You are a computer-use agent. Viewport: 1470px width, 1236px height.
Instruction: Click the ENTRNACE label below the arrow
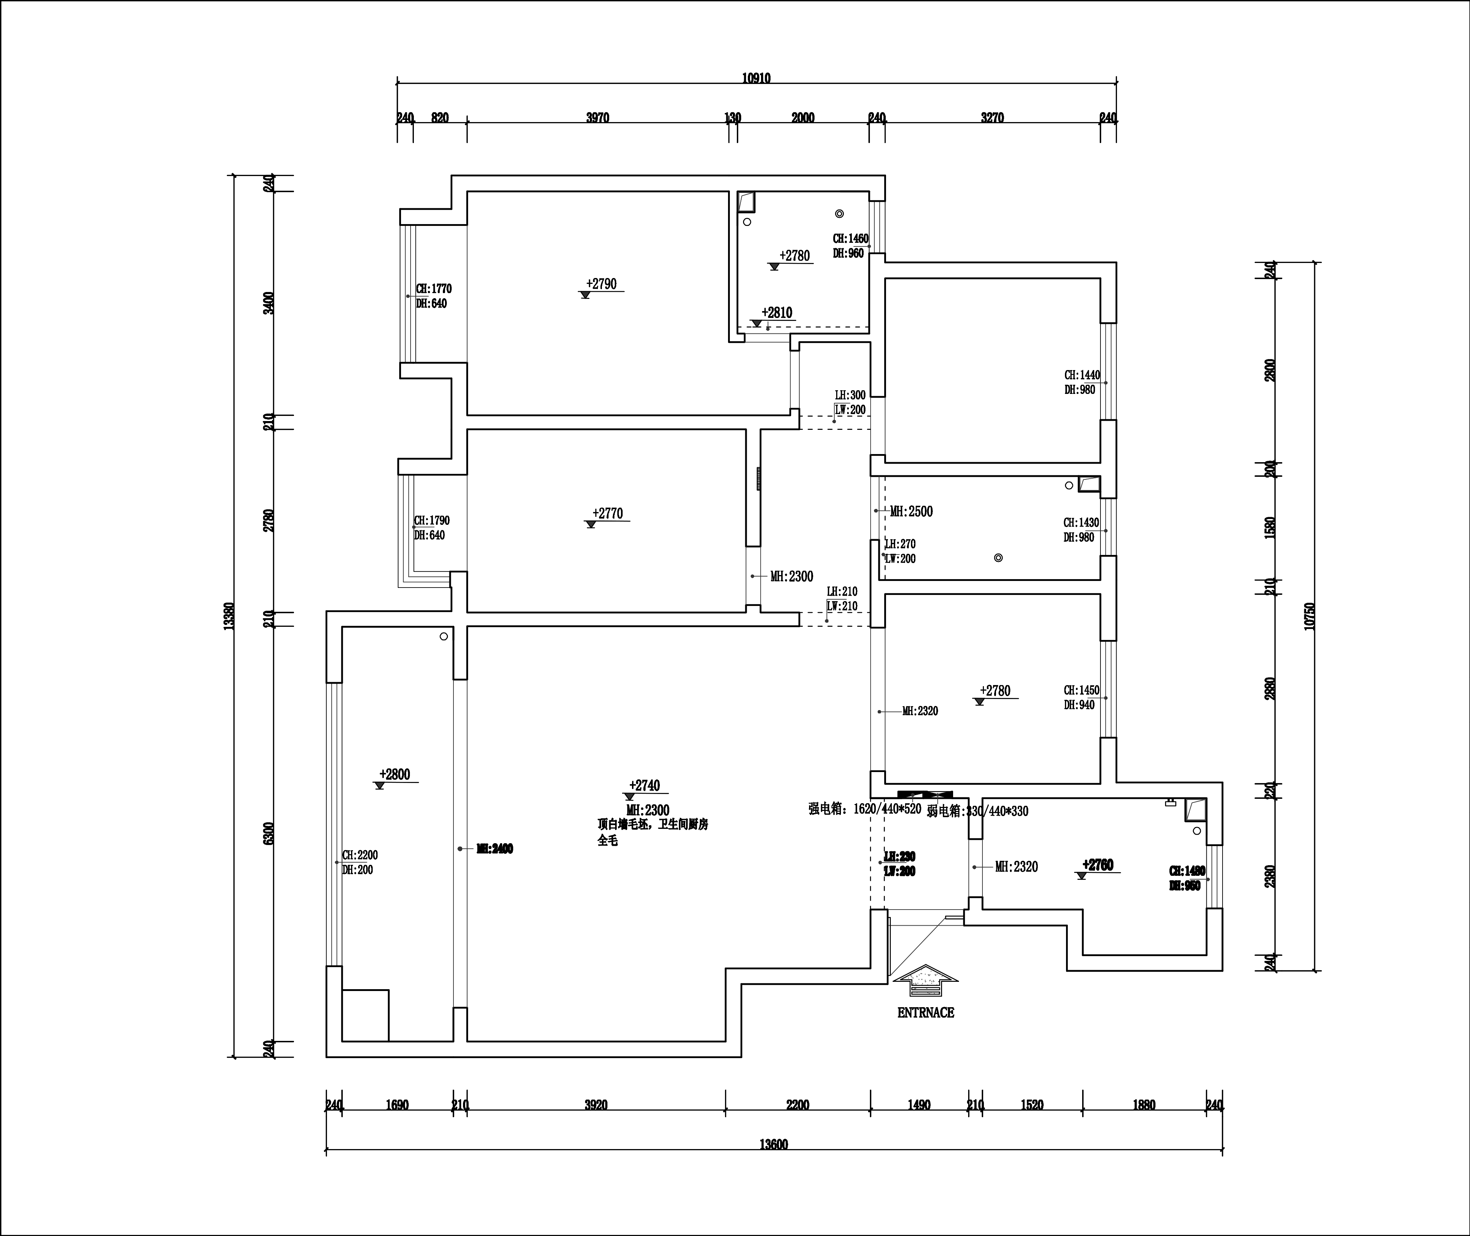(925, 1013)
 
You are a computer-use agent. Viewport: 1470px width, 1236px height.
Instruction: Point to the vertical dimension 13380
(228, 617)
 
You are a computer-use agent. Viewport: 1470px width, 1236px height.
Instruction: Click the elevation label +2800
(395, 774)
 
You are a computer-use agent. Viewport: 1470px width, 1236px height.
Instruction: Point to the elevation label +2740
(644, 786)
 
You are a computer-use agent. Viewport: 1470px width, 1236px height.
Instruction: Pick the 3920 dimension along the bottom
(596, 1105)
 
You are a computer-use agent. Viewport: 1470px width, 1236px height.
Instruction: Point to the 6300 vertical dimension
(268, 833)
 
